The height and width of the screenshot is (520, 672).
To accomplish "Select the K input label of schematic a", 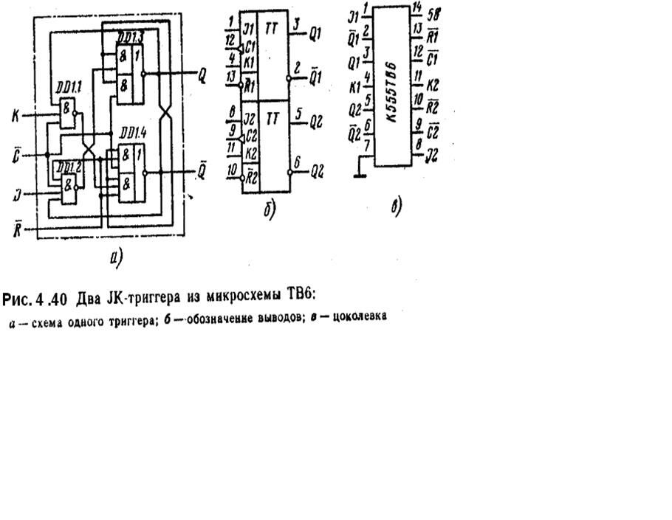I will [x=15, y=115].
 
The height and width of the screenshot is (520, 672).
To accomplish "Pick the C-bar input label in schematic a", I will [x=16, y=156].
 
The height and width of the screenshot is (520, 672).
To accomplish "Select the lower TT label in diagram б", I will [x=272, y=118].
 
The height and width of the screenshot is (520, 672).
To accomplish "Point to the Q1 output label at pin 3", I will [x=315, y=33].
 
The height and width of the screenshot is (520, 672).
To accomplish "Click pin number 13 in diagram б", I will [x=232, y=75].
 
